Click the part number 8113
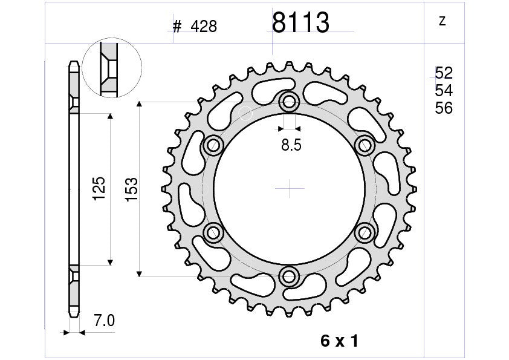(x=300, y=24)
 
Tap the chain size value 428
(x=203, y=27)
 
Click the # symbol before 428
(x=177, y=27)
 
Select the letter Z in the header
(x=442, y=21)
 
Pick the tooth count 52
(x=444, y=73)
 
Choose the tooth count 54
(x=444, y=91)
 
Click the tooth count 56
(x=444, y=108)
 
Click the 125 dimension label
(x=99, y=189)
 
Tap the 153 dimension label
(x=131, y=189)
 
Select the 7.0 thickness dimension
(x=105, y=321)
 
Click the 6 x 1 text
(x=340, y=341)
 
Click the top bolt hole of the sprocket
(x=290, y=102)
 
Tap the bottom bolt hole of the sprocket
(x=290, y=277)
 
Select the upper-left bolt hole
(x=213, y=145)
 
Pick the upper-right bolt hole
(x=365, y=145)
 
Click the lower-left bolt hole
(x=213, y=232)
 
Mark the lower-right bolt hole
(x=365, y=232)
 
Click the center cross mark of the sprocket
(x=290, y=189)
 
